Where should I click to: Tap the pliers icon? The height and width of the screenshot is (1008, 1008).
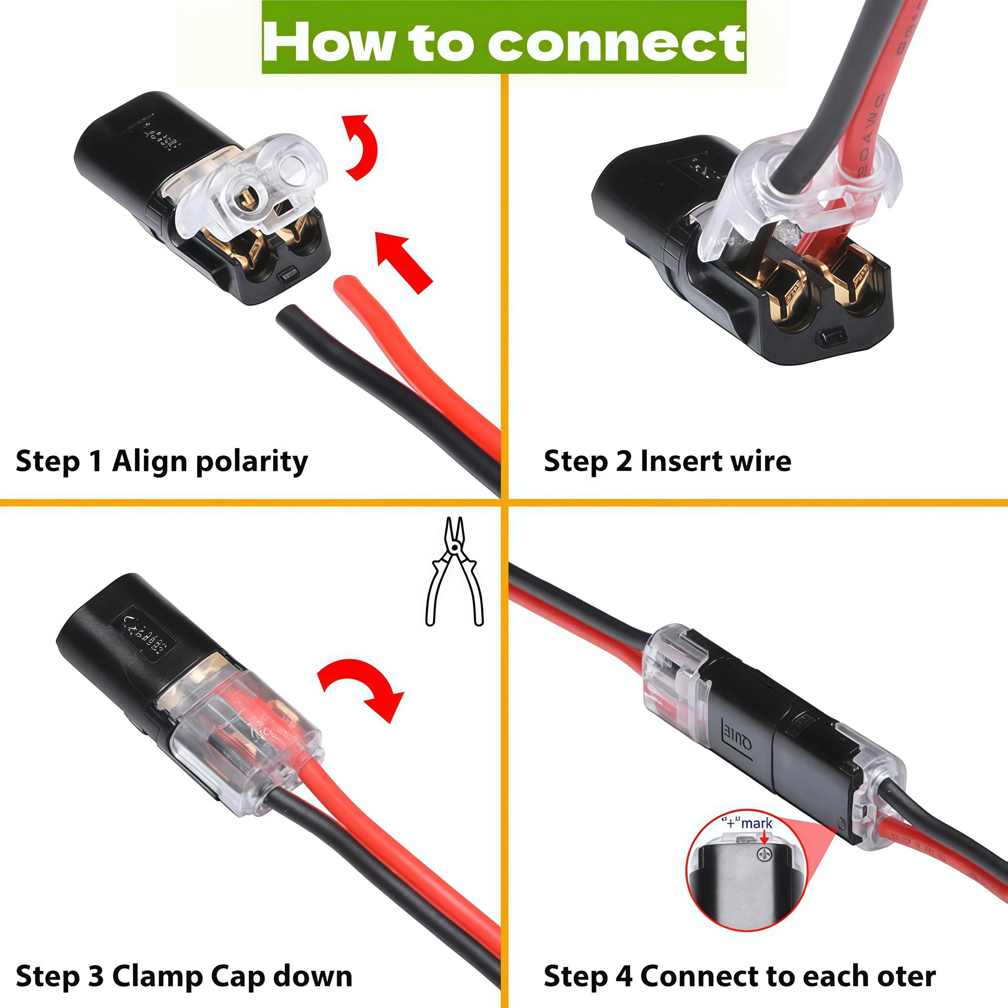tap(454, 571)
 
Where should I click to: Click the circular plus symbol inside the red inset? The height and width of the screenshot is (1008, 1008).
tap(764, 854)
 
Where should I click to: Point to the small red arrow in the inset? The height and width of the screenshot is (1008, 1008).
tap(765, 838)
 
